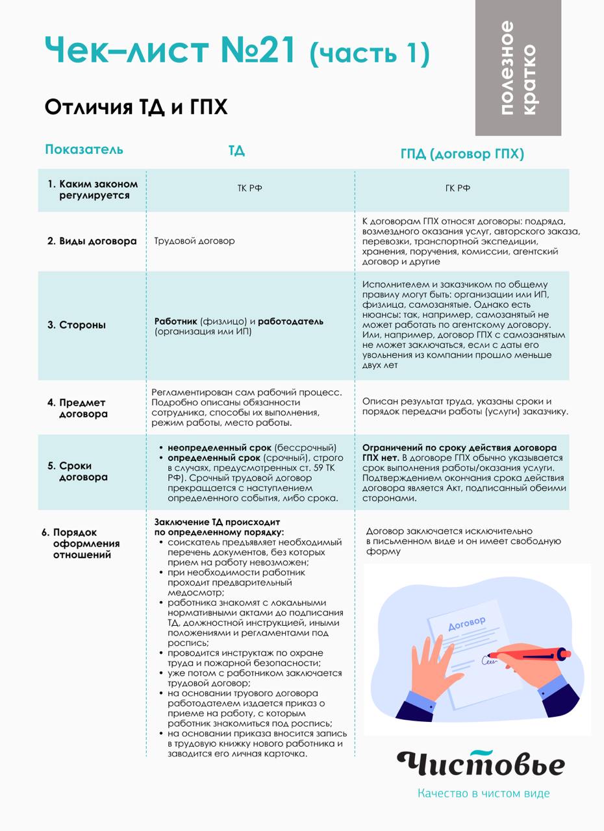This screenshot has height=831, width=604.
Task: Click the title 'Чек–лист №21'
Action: coord(170,50)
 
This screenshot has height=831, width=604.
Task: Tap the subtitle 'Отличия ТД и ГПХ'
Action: coord(136,107)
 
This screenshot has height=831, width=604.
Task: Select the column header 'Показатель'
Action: coord(84,149)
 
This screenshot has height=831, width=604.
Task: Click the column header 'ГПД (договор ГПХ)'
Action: coord(462,154)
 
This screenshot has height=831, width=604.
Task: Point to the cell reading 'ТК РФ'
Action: coord(249,188)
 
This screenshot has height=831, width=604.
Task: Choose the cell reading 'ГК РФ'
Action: coord(458,188)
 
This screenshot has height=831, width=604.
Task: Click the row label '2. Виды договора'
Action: coord(92,241)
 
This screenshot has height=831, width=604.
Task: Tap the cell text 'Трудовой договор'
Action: coord(194,241)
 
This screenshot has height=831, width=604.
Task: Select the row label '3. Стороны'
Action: coord(77,325)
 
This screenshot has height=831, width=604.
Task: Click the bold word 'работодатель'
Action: coord(290,321)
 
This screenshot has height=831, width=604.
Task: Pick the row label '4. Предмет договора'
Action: coord(77,408)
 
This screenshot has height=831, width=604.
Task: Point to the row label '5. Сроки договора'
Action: coord(77,471)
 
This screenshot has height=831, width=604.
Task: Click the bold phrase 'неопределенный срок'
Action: coord(220,448)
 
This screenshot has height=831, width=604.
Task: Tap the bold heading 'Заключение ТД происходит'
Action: coord(217,522)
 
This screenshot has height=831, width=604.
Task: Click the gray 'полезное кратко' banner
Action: coord(518,68)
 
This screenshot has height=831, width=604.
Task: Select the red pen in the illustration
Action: coord(529,655)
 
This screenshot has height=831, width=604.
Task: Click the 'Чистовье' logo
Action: coord(481,763)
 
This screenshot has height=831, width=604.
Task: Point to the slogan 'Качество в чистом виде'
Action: coord(483,793)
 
